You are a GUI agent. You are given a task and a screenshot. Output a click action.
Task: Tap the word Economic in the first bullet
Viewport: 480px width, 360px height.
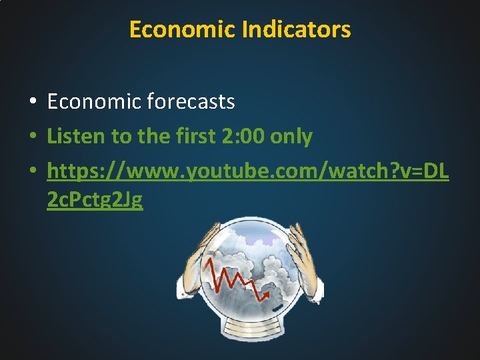tap(94, 101)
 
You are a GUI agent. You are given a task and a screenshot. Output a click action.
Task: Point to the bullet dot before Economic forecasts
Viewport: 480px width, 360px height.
tap(32, 102)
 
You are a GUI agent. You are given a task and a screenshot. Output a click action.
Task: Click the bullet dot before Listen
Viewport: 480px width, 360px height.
tap(32, 137)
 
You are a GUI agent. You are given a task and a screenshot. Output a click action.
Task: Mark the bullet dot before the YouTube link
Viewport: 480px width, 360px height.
tap(32, 171)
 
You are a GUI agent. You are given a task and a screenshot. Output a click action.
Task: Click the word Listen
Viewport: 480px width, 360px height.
tap(76, 137)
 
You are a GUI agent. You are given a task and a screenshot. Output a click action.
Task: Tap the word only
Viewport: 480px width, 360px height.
tap(291, 137)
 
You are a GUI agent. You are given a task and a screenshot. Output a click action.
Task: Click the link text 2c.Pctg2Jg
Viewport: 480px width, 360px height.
tap(95, 199)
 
